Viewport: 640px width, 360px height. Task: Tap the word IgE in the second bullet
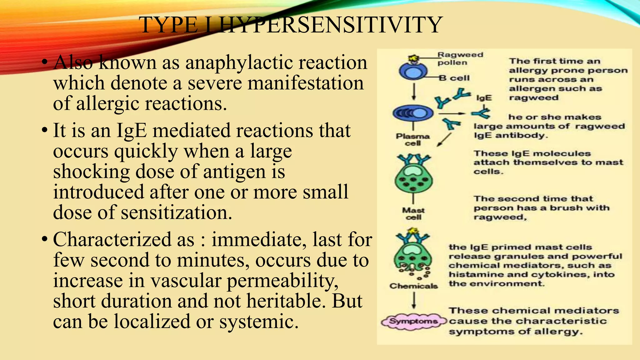[131, 130]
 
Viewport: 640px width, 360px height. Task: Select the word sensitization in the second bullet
[176, 212]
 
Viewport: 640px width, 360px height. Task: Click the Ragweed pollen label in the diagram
[460, 58]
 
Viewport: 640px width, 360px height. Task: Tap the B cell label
[454, 78]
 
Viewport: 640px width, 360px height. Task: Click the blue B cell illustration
[413, 72]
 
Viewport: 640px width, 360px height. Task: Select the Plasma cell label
[413, 140]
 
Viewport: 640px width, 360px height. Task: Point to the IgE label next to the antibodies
[484, 98]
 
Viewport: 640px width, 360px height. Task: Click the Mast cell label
[413, 213]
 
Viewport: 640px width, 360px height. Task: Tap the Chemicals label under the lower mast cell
[413, 286]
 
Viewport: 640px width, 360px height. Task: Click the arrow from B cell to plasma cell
[414, 92]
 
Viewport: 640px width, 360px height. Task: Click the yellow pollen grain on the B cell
[414, 58]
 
